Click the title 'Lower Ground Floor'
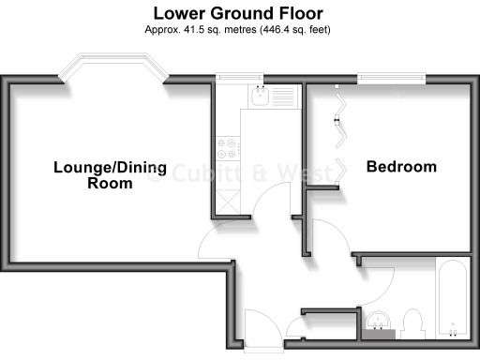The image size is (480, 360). click(239, 13)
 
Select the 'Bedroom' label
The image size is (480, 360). click(401, 167)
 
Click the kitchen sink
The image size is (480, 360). click(262, 95)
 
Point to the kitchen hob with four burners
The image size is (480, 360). click(228, 147)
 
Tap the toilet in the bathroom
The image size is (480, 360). click(409, 324)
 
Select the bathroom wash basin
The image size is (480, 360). click(380, 322)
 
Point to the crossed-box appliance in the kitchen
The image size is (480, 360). click(228, 198)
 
